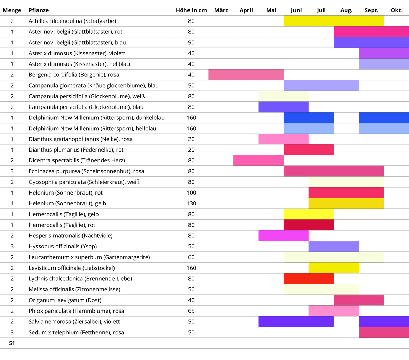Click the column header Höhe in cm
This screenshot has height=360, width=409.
[x=191, y=10]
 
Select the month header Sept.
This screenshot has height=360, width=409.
[x=371, y=10]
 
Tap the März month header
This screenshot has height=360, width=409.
[x=221, y=10]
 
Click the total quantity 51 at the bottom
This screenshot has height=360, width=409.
[x=12, y=343]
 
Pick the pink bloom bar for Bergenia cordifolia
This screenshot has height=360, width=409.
[x=246, y=75]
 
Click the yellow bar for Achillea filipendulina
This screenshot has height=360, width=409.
[x=333, y=21]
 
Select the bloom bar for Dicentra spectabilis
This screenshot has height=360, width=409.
[x=258, y=160]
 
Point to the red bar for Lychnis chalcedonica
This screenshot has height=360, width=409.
[x=308, y=279]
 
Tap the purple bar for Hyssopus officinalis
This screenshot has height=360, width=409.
[x=334, y=246]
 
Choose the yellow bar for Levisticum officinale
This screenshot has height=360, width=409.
[x=334, y=268]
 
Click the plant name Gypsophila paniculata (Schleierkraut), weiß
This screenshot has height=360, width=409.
[x=84, y=182]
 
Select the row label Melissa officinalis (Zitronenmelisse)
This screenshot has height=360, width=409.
[x=74, y=289]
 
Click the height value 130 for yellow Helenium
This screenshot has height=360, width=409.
[x=191, y=203]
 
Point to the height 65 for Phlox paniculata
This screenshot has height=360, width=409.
[x=191, y=311]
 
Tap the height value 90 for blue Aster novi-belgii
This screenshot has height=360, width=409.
[x=191, y=42]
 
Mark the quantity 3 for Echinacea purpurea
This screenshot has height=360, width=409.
[x=12, y=171]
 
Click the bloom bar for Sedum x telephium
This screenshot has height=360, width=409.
[x=384, y=332]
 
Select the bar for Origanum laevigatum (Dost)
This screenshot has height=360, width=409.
[x=359, y=300]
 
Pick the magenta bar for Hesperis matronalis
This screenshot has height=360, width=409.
[x=284, y=236]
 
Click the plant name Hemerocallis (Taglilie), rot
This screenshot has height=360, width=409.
[x=62, y=225]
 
